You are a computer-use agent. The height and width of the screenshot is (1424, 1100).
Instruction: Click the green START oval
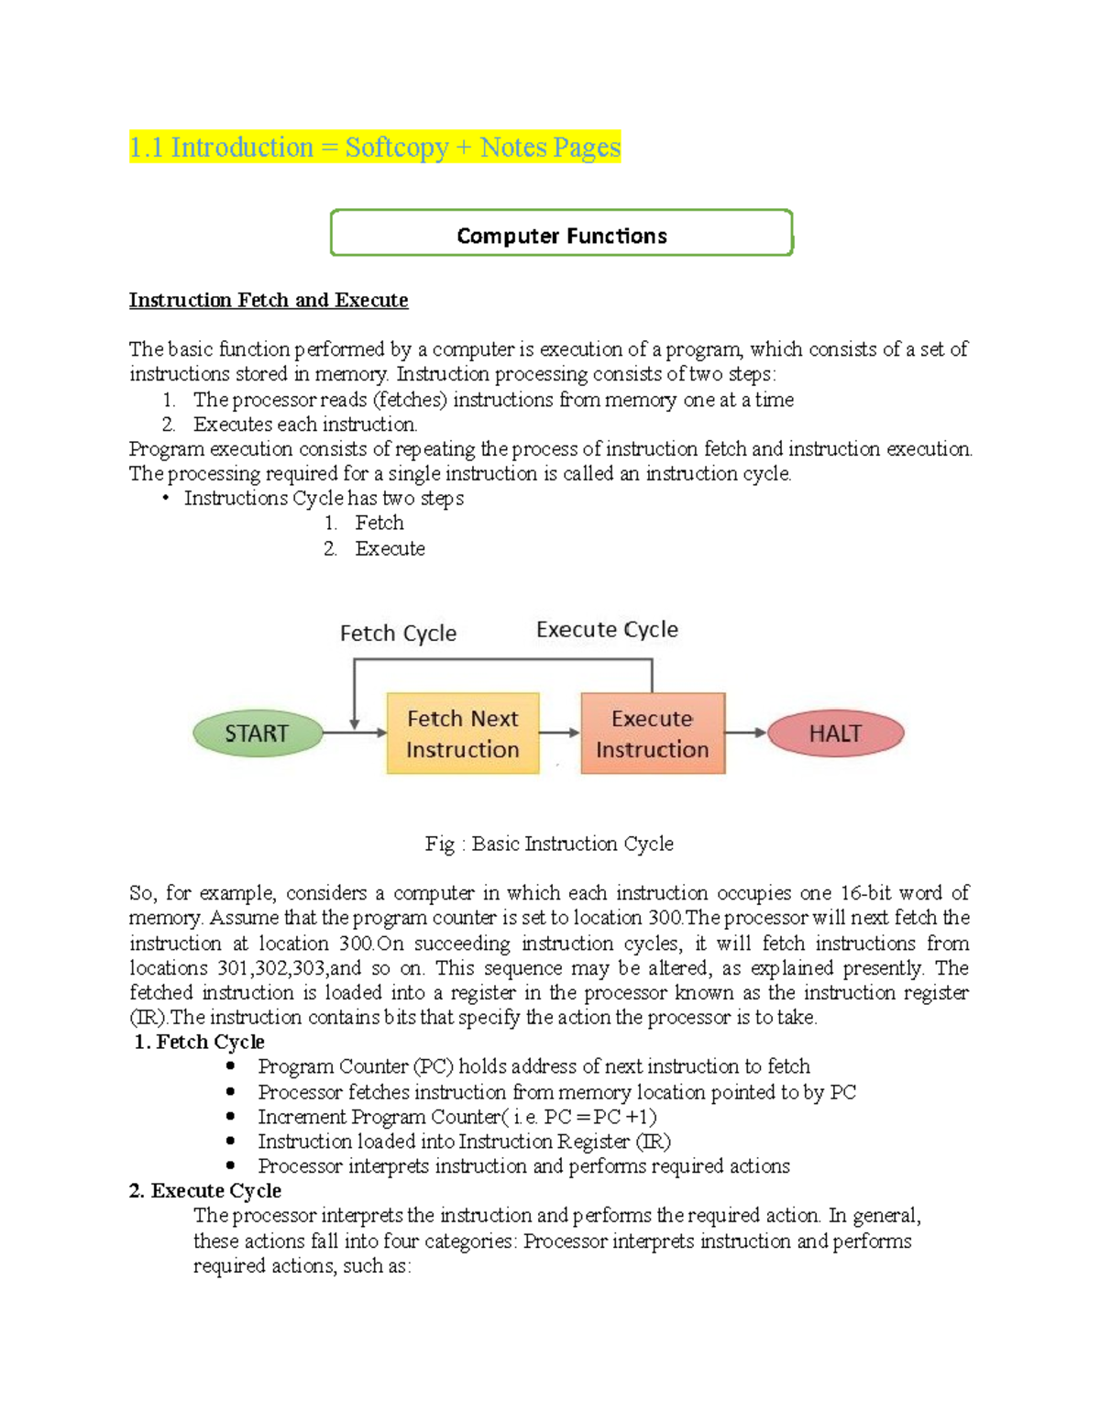pyautogui.click(x=258, y=734)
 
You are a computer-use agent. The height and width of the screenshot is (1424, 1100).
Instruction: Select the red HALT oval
pyautogui.click(x=835, y=734)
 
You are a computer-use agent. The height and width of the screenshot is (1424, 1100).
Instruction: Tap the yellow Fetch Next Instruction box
pyautogui.click(x=463, y=734)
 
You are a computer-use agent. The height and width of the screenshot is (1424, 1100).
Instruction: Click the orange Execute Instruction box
pyautogui.click(x=653, y=734)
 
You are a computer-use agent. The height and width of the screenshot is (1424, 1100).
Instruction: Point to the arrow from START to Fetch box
pyautogui.click(x=356, y=733)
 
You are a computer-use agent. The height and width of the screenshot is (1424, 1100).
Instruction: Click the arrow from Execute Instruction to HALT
pyautogui.click(x=746, y=733)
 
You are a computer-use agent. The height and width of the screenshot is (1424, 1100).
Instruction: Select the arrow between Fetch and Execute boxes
pyautogui.click(x=560, y=733)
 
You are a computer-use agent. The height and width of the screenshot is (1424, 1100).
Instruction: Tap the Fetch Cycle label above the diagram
pyautogui.click(x=398, y=634)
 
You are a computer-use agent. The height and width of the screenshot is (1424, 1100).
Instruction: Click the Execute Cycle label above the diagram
pyautogui.click(x=607, y=630)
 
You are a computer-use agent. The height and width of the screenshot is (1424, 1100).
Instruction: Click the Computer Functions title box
pyautogui.click(x=561, y=235)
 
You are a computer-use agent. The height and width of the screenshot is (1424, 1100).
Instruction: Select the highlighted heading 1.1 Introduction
pyautogui.click(x=375, y=148)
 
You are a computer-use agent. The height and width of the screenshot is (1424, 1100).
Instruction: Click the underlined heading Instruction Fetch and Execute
pyautogui.click(x=269, y=301)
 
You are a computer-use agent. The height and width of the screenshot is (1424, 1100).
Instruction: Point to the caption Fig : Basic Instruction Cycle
pyautogui.click(x=549, y=844)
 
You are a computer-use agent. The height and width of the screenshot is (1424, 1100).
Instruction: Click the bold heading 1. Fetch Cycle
pyautogui.click(x=199, y=1042)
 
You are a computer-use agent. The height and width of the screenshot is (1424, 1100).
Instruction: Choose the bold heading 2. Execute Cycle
pyautogui.click(x=205, y=1190)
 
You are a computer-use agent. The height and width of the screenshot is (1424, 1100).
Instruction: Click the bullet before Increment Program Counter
pyautogui.click(x=231, y=1116)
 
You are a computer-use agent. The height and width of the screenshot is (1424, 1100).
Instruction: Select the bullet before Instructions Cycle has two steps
pyautogui.click(x=166, y=499)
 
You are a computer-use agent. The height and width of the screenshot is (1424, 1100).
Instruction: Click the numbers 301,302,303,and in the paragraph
pyautogui.click(x=289, y=968)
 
